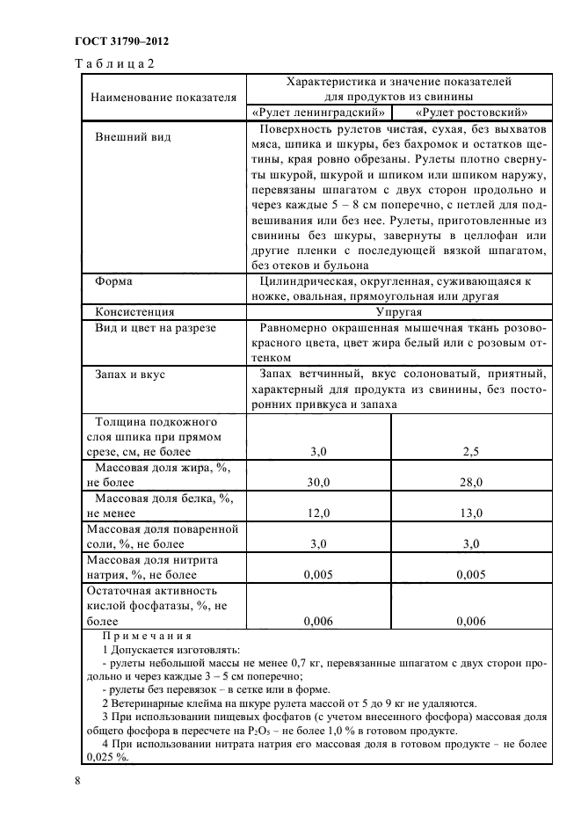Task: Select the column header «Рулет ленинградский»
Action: (x=318, y=113)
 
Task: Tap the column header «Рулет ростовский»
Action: (x=472, y=113)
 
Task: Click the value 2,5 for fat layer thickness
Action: (x=472, y=451)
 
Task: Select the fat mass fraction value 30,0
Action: (x=318, y=482)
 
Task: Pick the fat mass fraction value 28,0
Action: (x=472, y=482)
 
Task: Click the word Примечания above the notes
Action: (x=147, y=636)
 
